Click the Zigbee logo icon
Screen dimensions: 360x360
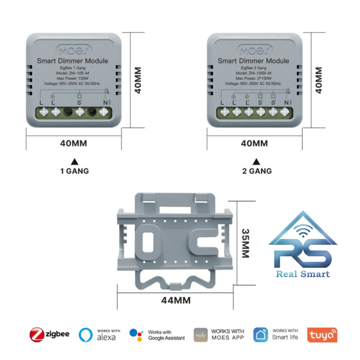pos(36,334)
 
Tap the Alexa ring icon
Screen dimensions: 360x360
pos(86,334)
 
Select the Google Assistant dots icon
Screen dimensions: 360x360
pos(136,334)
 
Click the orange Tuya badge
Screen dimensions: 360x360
pos(322,335)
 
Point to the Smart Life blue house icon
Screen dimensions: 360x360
pos(260,334)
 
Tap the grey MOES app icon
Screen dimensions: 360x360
pos(201,334)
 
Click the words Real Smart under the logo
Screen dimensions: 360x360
pos(302,274)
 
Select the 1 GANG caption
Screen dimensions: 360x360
pos(74,171)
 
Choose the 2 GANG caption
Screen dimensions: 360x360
pos(257,171)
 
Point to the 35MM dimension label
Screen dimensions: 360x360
pos(246,243)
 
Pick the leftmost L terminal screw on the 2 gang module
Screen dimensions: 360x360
pos(224,112)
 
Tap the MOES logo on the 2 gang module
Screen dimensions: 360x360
pos(254,49)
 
